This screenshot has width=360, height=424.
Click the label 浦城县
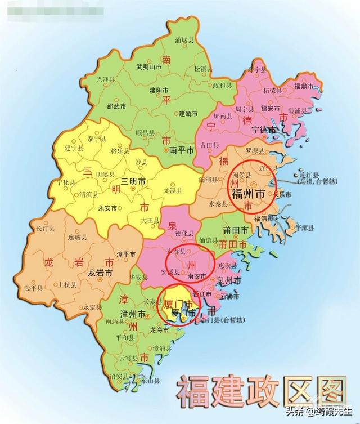tap(184, 41)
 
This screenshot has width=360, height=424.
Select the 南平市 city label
tap(182, 151)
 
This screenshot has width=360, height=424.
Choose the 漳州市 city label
tap(133, 313)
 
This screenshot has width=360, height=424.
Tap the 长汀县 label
tap(45, 229)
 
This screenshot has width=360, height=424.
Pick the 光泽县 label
tap(106, 79)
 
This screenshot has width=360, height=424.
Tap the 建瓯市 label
tap(188, 114)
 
